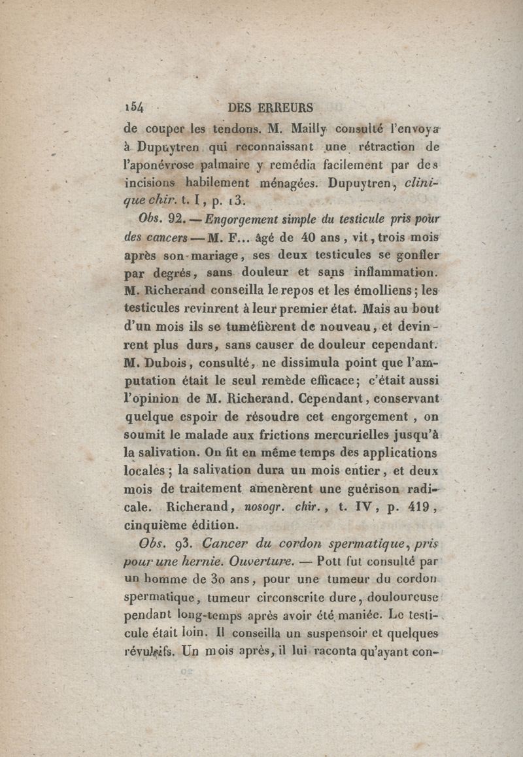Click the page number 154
(133, 107)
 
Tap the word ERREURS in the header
(287, 107)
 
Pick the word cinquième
(154, 524)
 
